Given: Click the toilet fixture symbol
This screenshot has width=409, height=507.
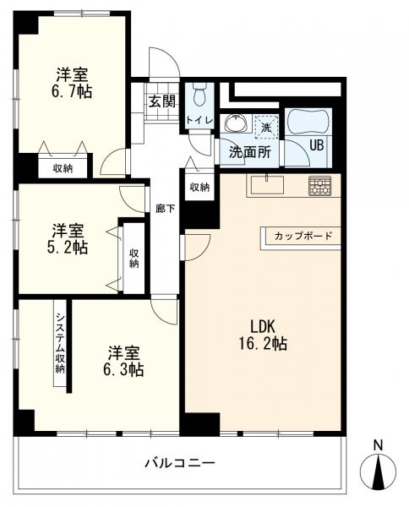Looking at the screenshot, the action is click(x=199, y=94).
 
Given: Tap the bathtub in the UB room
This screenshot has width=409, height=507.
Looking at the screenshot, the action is click(x=308, y=121).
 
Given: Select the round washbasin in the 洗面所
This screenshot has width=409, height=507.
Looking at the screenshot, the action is click(x=236, y=123).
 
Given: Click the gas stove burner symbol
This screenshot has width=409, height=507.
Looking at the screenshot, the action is click(x=319, y=186).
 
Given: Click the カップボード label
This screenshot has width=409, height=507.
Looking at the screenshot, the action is click(x=303, y=236).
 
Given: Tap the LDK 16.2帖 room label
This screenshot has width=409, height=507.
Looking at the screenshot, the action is click(x=263, y=335).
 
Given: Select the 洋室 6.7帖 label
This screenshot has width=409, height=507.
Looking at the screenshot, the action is click(x=72, y=83).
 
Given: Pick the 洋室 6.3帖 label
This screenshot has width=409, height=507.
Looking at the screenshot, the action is click(x=123, y=361).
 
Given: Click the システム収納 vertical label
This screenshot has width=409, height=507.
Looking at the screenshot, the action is click(x=60, y=343).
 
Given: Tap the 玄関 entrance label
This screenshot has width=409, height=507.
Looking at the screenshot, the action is click(x=162, y=101).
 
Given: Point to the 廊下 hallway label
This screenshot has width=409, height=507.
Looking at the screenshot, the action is click(x=166, y=209).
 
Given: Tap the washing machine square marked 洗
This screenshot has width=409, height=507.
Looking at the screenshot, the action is click(x=266, y=127).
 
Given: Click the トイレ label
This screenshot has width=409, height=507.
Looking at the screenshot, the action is click(x=199, y=121).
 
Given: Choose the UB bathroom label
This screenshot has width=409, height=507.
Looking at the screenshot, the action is click(x=317, y=145).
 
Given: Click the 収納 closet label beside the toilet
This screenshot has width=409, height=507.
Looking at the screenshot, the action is click(x=199, y=187).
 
